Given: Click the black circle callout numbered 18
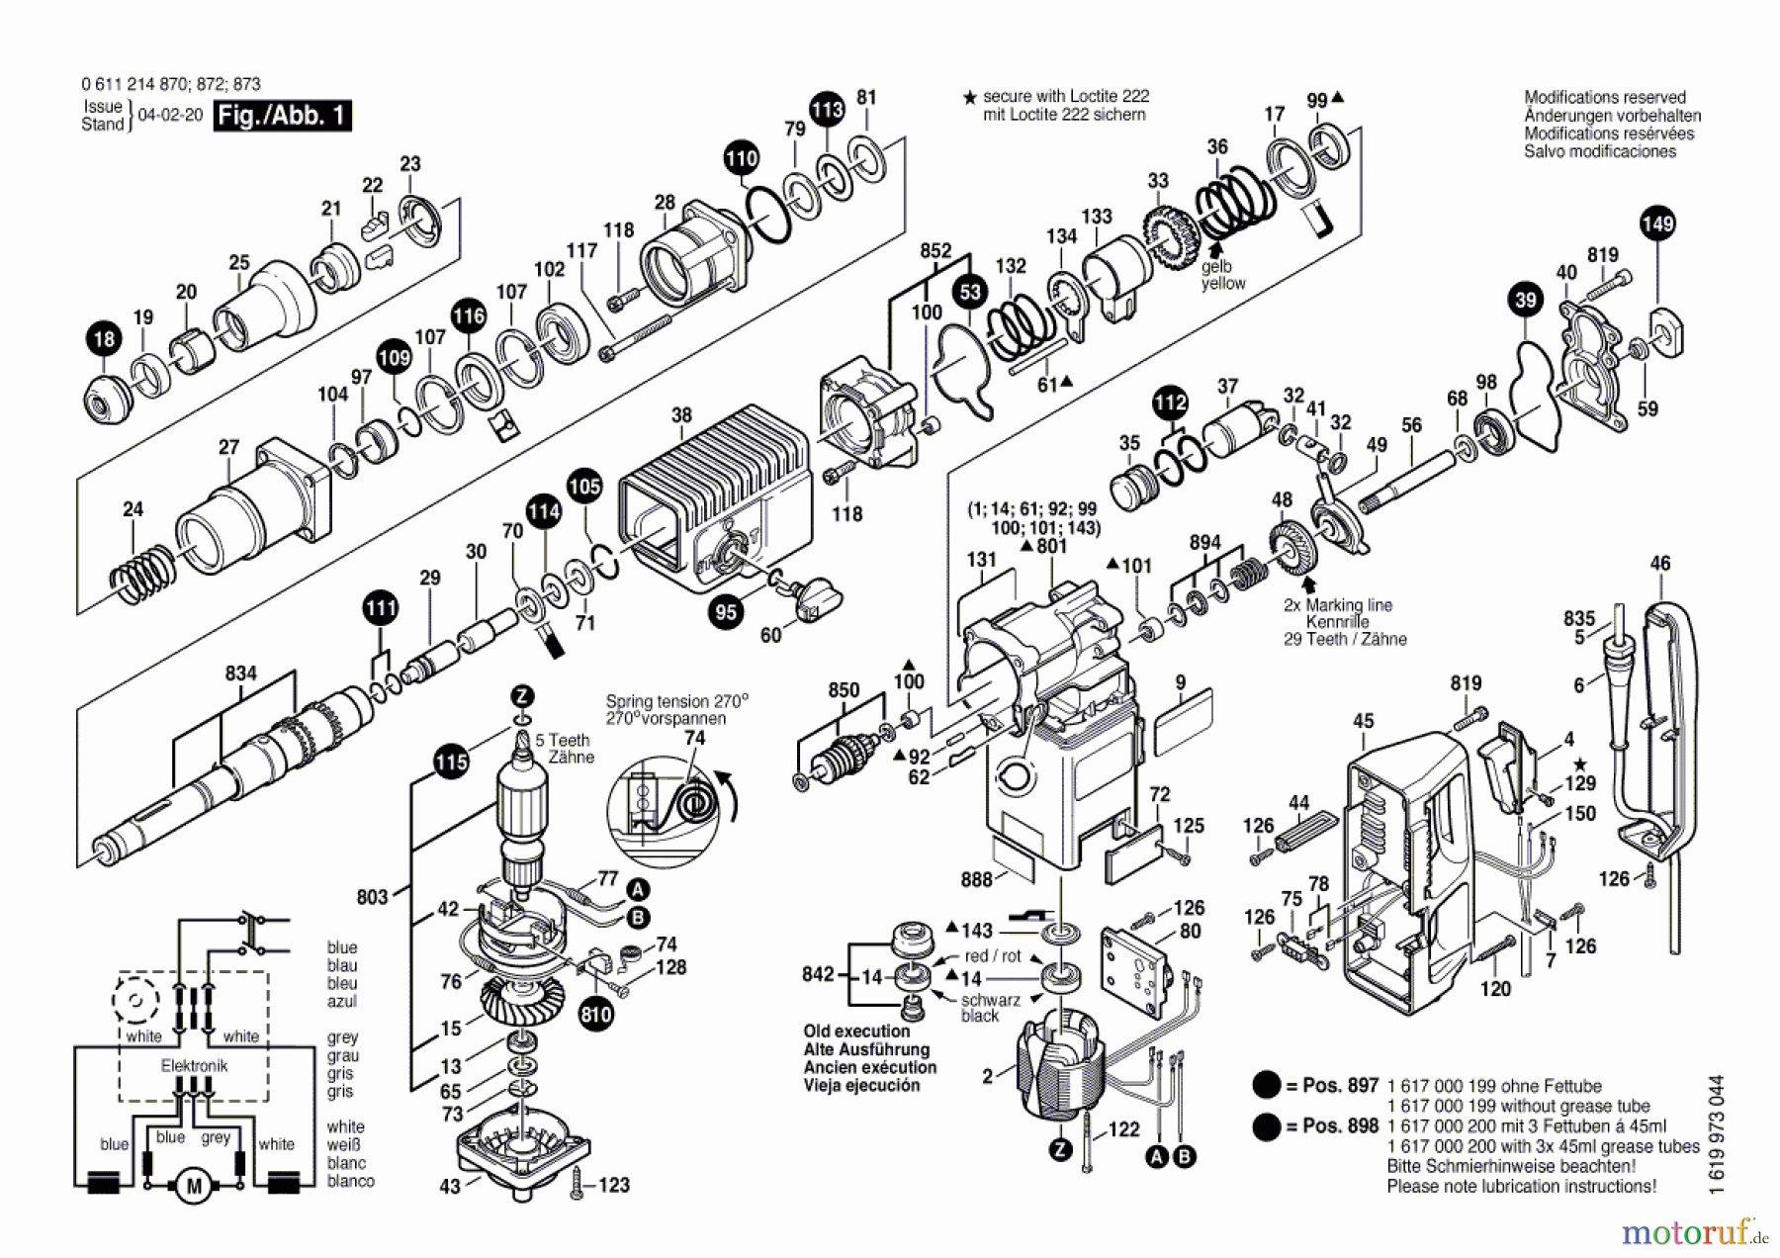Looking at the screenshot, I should [x=104, y=339].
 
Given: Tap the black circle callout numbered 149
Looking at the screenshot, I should [x=1657, y=223].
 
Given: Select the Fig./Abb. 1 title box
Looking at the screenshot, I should [x=282, y=116].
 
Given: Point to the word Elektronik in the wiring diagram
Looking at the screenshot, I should [x=194, y=1065].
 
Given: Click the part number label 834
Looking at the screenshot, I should [x=240, y=674].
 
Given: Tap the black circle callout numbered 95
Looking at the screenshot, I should [x=726, y=612].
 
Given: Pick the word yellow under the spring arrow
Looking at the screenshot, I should [x=1223, y=284].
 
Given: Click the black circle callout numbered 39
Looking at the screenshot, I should [x=1526, y=301].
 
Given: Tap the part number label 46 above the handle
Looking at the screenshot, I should [x=1659, y=564].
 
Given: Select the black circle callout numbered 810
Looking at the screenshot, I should [x=596, y=1014].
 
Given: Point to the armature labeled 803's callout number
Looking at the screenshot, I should [x=372, y=897].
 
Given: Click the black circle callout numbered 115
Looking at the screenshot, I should [x=451, y=762].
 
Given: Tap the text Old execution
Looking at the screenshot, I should [x=856, y=1031].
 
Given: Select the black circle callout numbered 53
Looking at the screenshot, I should [x=970, y=292].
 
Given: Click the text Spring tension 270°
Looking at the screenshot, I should [x=676, y=700].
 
